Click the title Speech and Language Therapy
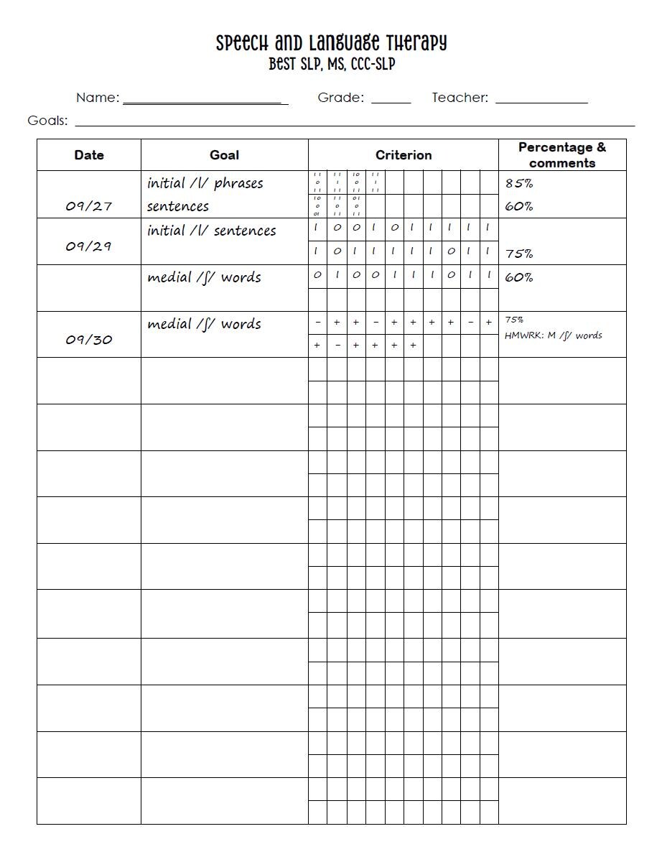click(x=331, y=43)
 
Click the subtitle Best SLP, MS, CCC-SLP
click(x=332, y=65)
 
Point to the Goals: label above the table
click(x=47, y=121)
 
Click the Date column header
click(x=89, y=155)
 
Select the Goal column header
click(x=224, y=155)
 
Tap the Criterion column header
click(x=404, y=155)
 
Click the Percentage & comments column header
click(x=562, y=155)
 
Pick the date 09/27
click(x=89, y=206)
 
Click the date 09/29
click(x=89, y=246)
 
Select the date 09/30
click(x=89, y=340)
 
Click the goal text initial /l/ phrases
click(x=205, y=183)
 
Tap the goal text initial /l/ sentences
click(x=212, y=231)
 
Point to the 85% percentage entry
click(x=519, y=183)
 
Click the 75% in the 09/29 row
click(x=519, y=254)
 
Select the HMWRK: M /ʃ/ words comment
click(x=554, y=335)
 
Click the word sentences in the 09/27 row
click(x=178, y=206)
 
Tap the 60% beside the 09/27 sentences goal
click(x=519, y=207)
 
